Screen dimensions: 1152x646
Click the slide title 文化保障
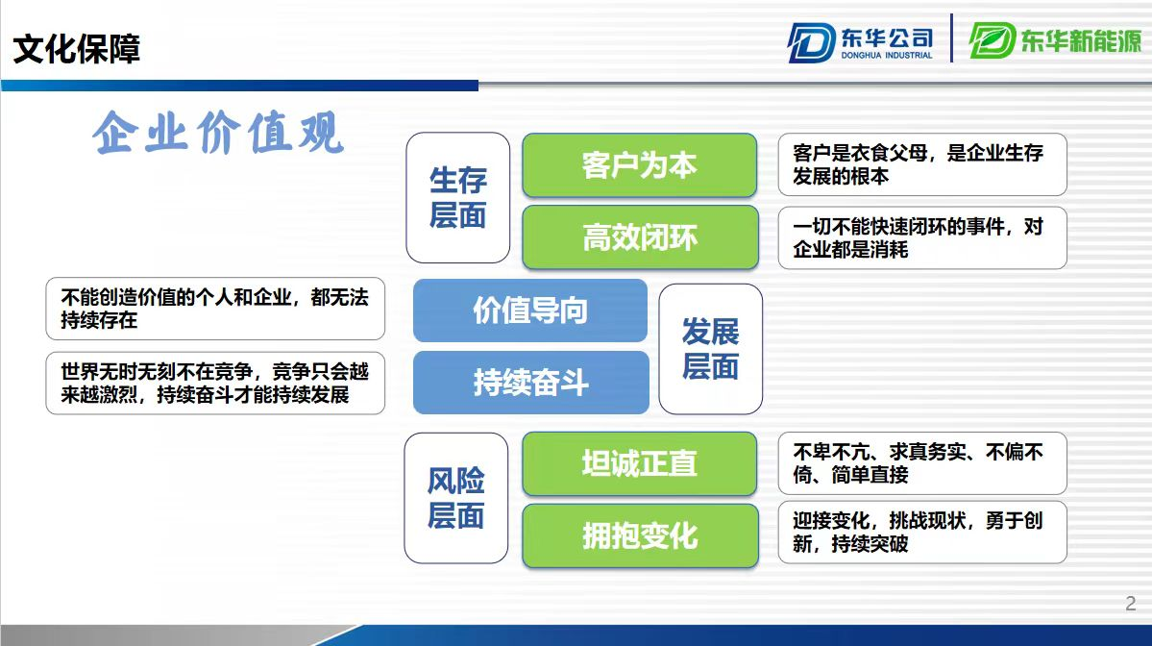click(x=77, y=48)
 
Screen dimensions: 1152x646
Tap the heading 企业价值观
click(x=218, y=133)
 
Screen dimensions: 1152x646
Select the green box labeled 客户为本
click(x=639, y=165)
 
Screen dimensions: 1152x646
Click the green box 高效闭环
click(x=640, y=237)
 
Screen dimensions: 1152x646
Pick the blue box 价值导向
click(x=529, y=311)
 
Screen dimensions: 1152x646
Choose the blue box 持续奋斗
click(x=530, y=383)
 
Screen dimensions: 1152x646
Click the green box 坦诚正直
click(x=639, y=463)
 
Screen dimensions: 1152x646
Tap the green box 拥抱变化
click(x=640, y=535)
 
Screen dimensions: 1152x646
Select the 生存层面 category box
click(x=457, y=198)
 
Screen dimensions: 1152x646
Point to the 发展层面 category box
click(x=710, y=349)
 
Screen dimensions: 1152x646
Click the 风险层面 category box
click(x=456, y=498)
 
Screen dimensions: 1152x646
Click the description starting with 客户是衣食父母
click(x=922, y=164)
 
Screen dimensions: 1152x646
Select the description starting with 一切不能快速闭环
click(x=922, y=237)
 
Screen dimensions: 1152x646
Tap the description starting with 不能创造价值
click(x=215, y=309)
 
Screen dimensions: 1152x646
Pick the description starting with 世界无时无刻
click(x=215, y=383)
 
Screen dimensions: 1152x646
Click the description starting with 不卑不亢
click(x=922, y=463)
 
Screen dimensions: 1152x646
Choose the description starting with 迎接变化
click(x=922, y=533)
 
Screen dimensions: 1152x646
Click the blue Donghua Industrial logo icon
click(x=811, y=42)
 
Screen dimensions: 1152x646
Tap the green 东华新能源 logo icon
click(x=992, y=40)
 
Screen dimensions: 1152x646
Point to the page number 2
click(x=1131, y=604)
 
